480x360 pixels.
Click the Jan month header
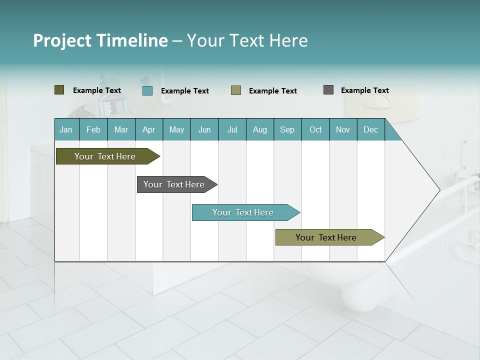click(x=66, y=129)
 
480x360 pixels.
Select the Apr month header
click(x=149, y=129)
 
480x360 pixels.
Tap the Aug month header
click(x=260, y=129)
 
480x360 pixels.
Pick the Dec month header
click(x=371, y=129)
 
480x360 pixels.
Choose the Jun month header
click(x=204, y=129)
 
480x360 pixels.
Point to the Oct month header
click(x=315, y=129)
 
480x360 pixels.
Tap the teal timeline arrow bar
click(x=243, y=212)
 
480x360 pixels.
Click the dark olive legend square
click(x=59, y=90)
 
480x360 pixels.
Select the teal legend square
click(x=147, y=90)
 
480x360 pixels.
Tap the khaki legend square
click(x=236, y=90)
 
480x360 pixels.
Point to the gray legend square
click(x=328, y=90)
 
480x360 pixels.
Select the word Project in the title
click(x=62, y=40)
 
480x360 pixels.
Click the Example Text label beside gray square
click(x=364, y=90)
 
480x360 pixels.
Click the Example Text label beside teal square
click(x=184, y=91)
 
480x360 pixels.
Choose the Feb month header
click(x=93, y=129)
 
